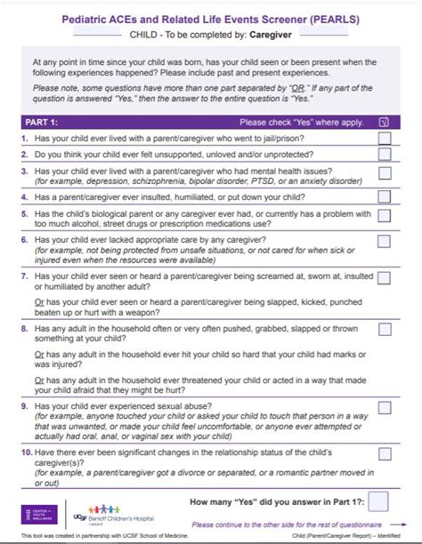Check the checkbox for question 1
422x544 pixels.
click(x=384, y=139)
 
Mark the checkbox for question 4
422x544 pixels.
click(x=384, y=196)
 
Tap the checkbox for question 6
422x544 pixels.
click(x=384, y=241)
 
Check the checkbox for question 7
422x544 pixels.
click(x=384, y=277)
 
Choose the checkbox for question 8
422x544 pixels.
click(x=384, y=329)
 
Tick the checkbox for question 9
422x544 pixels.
click(x=384, y=408)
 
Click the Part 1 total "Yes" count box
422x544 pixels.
click(x=378, y=501)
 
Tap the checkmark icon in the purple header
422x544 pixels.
click(x=384, y=123)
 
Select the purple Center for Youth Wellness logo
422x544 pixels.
click(x=37, y=515)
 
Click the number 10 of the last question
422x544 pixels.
click(x=26, y=452)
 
